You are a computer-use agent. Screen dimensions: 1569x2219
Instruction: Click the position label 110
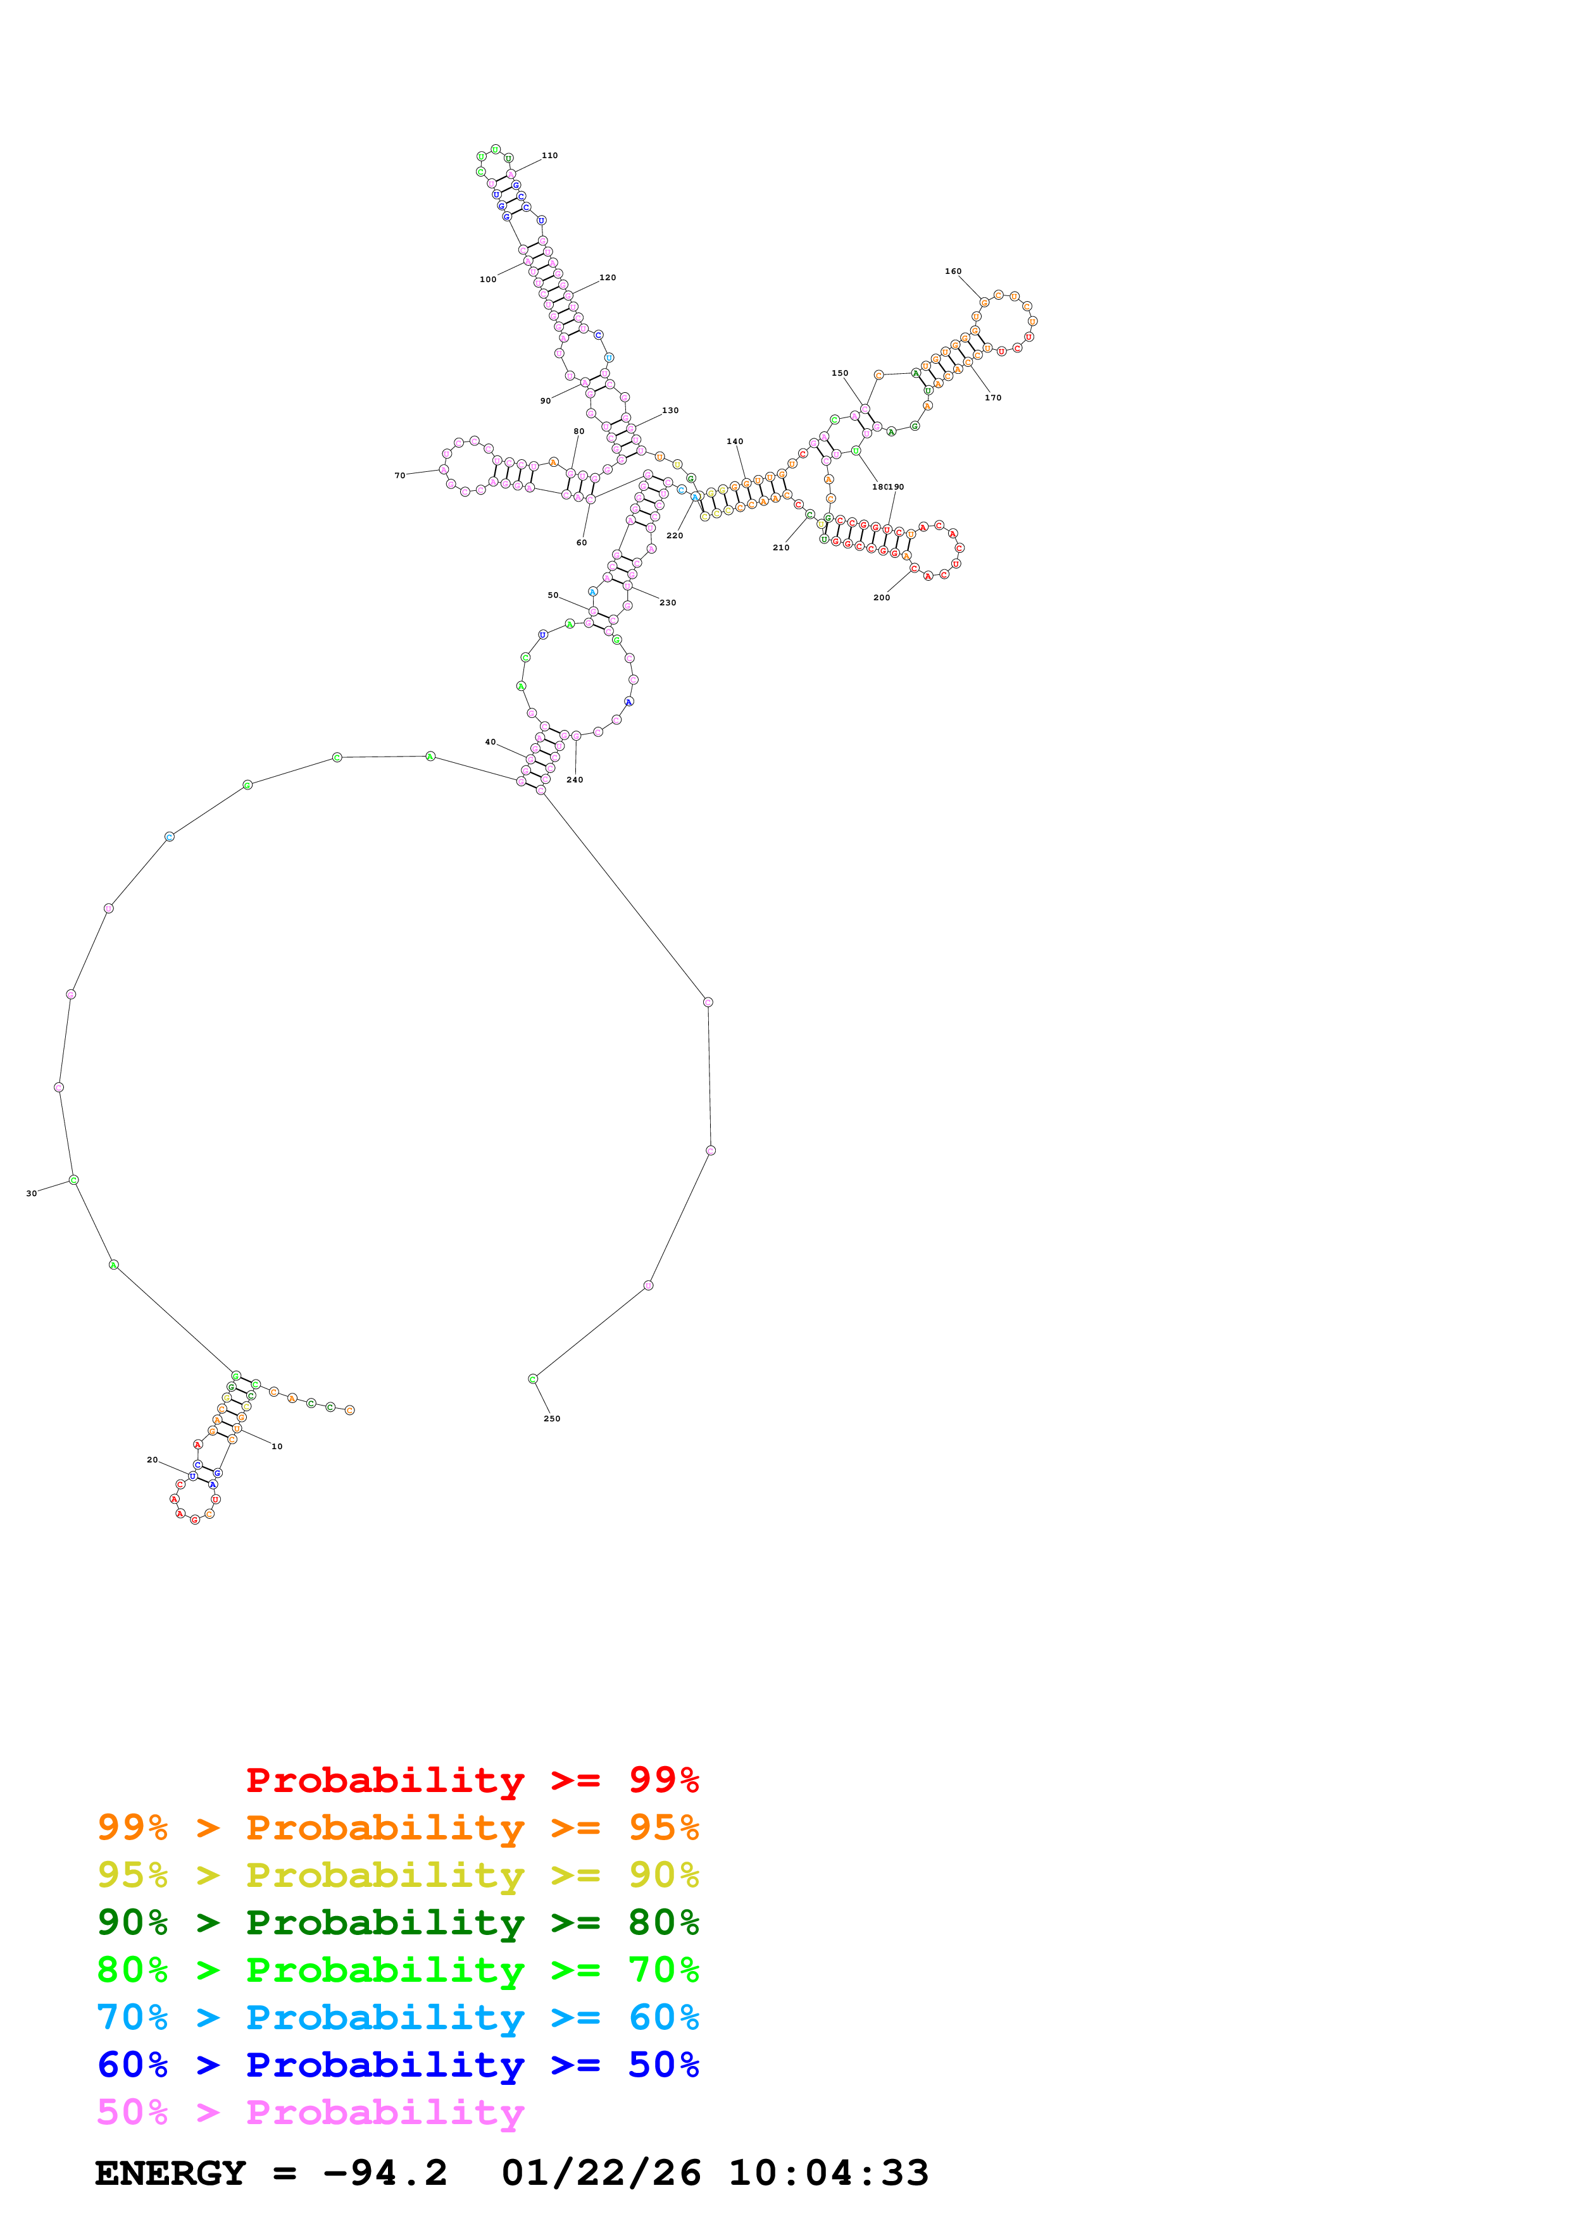tap(549, 156)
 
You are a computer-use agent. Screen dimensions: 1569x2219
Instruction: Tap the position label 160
tap(953, 271)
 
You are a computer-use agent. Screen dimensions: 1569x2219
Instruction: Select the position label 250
tap(551, 1419)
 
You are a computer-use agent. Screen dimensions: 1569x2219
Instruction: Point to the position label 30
tap(31, 1194)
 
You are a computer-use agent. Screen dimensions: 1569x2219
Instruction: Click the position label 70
tap(399, 476)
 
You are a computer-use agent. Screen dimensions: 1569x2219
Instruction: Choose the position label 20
tap(152, 1459)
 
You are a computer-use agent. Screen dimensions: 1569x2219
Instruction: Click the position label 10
tap(277, 1447)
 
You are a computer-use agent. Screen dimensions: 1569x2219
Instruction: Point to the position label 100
tap(487, 280)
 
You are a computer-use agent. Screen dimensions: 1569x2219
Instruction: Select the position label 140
tap(735, 442)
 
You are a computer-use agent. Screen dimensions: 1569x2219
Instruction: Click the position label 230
tap(667, 603)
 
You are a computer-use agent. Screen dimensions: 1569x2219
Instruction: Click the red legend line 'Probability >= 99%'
tap(472, 1780)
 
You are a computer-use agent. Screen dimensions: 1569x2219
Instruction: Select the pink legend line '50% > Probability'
tap(310, 2113)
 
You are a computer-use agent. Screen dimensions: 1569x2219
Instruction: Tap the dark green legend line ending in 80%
tap(397, 1922)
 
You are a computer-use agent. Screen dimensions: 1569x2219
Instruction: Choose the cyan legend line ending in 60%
tap(397, 2017)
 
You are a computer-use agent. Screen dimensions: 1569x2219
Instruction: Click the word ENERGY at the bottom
tap(170, 2173)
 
